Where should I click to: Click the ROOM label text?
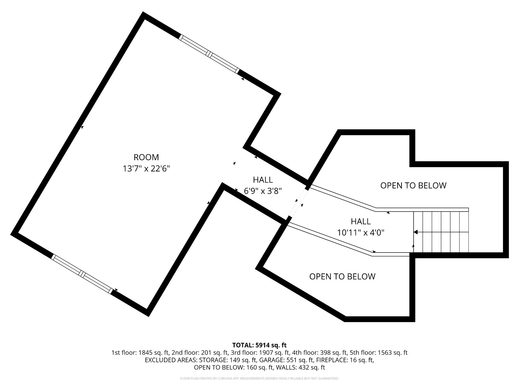(x=146, y=157)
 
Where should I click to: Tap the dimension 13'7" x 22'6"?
(x=146, y=169)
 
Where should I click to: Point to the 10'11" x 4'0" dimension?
(x=361, y=233)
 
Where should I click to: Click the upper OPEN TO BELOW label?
(x=413, y=186)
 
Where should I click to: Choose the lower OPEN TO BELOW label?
(x=342, y=277)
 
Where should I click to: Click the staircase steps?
(x=441, y=232)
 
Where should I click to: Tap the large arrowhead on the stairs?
(x=416, y=232)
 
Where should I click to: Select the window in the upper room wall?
(x=209, y=54)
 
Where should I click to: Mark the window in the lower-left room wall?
(x=82, y=274)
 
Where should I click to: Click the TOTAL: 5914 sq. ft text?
(x=259, y=345)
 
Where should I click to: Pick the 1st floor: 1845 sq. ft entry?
(x=140, y=353)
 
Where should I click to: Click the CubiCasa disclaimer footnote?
(x=259, y=378)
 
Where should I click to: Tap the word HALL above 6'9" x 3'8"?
(x=263, y=180)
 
